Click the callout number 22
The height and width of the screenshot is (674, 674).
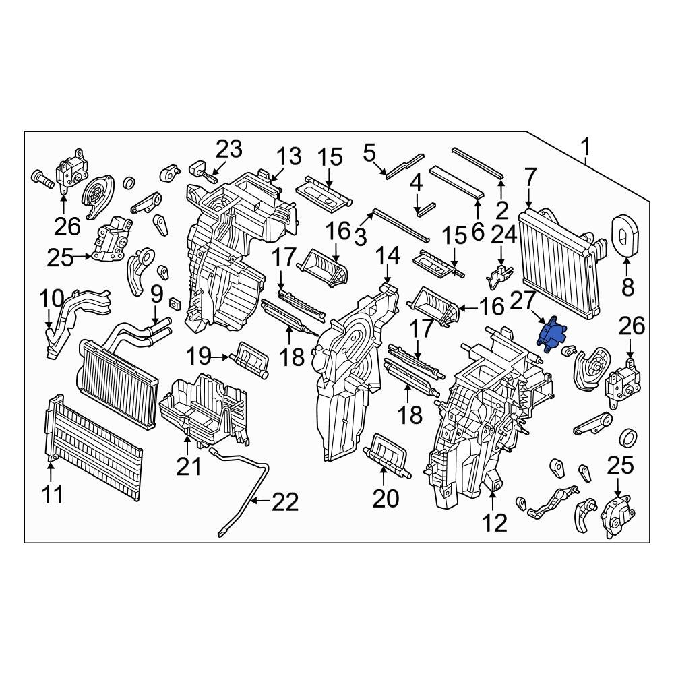coord(284,502)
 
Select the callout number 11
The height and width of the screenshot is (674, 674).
coord(53,495)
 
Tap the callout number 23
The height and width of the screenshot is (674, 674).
coord(228,150)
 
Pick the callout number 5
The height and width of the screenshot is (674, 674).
coord(369,153)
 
